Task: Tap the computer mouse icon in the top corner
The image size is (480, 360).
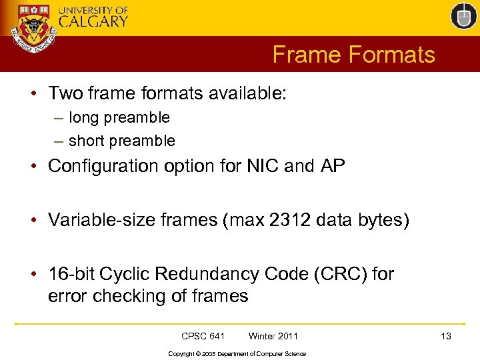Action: [463, 16]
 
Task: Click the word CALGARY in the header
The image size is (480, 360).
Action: [93, 21]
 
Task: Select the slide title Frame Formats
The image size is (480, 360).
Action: [353, 55]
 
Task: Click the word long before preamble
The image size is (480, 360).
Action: [83, 117]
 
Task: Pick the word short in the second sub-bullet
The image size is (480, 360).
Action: [87, 141]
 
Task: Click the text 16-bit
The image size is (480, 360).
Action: [70, 274]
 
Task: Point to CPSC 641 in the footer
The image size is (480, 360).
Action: [203, 336]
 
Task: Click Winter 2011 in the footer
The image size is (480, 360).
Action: [273, 336]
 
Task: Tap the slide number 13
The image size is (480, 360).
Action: [445, 336]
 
